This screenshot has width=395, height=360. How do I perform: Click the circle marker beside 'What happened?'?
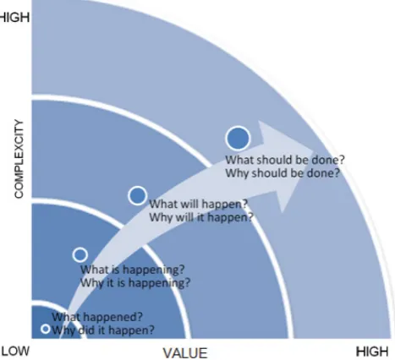click(46, 329)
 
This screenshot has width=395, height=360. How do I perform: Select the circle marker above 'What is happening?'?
click(80, 254)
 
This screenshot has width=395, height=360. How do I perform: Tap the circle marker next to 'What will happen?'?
click(137, 195)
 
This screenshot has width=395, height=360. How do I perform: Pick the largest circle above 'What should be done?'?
click(238, 138)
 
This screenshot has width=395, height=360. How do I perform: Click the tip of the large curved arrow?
click(314, 150)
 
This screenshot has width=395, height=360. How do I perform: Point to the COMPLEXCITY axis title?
click(19, 159)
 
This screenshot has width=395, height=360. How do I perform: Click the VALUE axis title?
click(185, 353)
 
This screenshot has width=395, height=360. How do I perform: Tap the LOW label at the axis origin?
click(15, 351)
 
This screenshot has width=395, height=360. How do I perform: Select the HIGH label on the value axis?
click(372, 352)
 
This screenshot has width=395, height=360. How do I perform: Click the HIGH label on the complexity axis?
click(14, 18)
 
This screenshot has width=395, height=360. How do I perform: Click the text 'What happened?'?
click(97, 317)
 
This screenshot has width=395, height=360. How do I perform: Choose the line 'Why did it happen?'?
click(103, 330)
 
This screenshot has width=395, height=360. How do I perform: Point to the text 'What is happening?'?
click(133, 270)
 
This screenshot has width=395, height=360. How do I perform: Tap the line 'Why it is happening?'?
click(135, 282)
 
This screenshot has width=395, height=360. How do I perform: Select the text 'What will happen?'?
click(198, 204)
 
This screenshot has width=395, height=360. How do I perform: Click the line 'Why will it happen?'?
click(201, 217)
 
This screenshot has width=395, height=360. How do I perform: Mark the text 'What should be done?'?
click(285, 160)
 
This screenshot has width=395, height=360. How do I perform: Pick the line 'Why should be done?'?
click(283, 173)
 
